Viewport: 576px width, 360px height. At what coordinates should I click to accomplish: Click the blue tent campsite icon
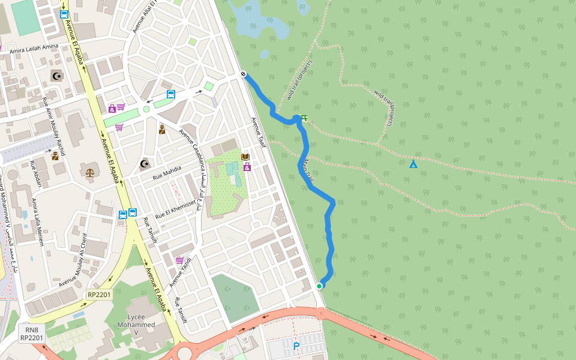point(413,164)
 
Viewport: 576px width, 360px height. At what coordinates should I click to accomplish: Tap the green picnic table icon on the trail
point(304,118)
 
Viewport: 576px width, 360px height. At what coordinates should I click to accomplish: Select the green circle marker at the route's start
point(319,286)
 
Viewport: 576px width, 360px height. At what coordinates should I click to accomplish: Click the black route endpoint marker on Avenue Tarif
point(244,74)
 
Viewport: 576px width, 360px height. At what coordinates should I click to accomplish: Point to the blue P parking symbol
point(296,346)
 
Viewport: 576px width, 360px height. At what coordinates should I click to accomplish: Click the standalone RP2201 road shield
point(99,295)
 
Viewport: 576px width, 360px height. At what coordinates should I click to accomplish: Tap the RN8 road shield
point(31,329)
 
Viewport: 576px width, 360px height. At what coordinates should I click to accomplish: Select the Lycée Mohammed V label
point(141,325)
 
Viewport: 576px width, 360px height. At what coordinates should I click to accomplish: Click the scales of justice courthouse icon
point(90,172)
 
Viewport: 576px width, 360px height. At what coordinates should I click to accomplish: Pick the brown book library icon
point(245,157)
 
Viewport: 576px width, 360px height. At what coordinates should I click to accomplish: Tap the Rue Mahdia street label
point(167,173)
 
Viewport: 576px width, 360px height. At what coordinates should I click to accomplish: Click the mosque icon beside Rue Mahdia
point(144,164)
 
